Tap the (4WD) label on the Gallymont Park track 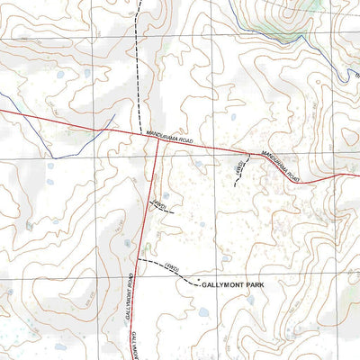(x=175, y=268)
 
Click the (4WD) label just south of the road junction (x=159, y=206)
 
